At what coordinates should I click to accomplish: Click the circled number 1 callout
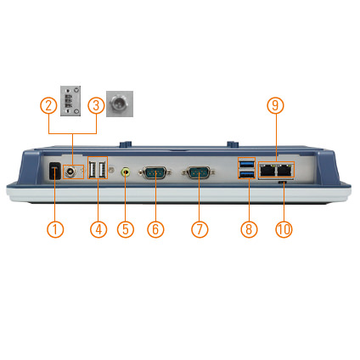pos(55,229)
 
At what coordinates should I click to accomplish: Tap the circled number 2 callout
pos(48,105)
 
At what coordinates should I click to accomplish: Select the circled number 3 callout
pos(96,105)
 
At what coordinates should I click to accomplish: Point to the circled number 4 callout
pos(98,229)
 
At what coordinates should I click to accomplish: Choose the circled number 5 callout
pos(126,229)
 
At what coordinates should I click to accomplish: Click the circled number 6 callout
pos(155,229)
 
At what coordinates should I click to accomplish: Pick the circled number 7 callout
pos(200,229)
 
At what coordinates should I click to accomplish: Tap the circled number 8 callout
pos(249,229)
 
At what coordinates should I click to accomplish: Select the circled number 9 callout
pos(275,105)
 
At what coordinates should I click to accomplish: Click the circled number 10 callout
pos(284,229)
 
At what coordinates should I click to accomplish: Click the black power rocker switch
pos(54,171)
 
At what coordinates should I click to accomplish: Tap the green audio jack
pos(126,172)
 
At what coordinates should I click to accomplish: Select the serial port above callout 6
pos(155,172)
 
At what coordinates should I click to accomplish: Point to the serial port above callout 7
pos(199,172)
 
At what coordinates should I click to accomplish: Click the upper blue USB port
pos(247,164)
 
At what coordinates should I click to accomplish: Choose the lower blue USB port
pos(247,175)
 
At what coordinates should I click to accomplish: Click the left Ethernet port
pos(267,171)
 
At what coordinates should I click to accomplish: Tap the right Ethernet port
pos(284,171)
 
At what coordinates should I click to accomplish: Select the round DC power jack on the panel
pos(70,172)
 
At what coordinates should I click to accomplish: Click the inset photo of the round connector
pos(120,104)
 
